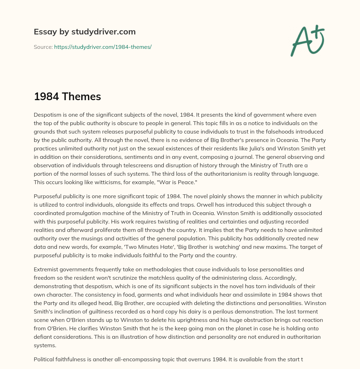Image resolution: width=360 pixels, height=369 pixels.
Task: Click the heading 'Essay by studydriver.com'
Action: tap(84, 32)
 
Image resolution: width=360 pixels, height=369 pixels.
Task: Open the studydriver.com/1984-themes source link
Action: tap(103, 47)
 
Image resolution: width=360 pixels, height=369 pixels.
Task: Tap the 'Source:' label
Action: tap(43, 47)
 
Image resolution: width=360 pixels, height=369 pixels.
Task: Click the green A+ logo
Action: tap(307, 40)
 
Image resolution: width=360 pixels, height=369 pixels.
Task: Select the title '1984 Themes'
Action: tap(67, 97)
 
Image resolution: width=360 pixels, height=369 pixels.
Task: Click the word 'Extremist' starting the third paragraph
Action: tap(46, 270)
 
